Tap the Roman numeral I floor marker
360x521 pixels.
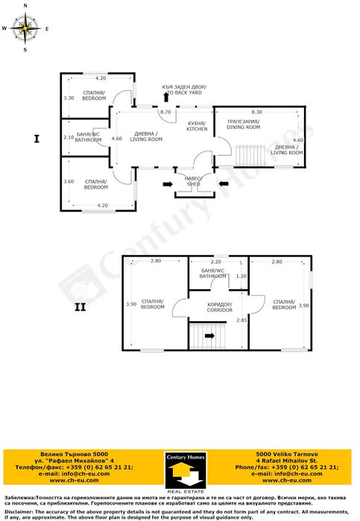pyautogui.click(x=36, y=138)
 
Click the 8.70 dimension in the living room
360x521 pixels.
pyautogui.click(x=165, y=111)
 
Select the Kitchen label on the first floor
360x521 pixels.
pyautogui.click(x=197, y=126)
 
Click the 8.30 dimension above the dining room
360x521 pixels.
pyautogui.click(x=256, y=111)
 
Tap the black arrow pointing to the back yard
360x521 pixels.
pyautogui.click(x=165, y=98)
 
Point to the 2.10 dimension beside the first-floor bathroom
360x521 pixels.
pyautogui.click(x=69, y=138)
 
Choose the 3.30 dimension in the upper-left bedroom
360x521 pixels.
pyautogui.click(x=69, y=98)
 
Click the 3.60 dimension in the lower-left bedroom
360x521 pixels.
pyautogui.click(x=69, y=181)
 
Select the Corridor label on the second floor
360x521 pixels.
pyautogui.click(x=220, y=306)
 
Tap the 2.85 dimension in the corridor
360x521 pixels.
pyautogui.click(x=241, y=320)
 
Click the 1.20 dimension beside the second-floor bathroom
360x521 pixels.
pyautogui.click(x=241, y=277)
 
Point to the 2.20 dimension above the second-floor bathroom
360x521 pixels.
pyautogui.click(x=216, y=262)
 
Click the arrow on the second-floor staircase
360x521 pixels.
pyautogui.click(x=209, y=335)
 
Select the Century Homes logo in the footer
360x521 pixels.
pyautogui.click(x=180, y=470)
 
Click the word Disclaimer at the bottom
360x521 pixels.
pyautogui.click(x=20, y=512)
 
